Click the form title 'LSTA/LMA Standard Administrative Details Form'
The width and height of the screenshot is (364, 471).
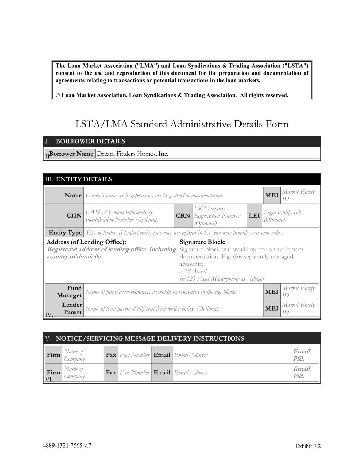coord(182,124)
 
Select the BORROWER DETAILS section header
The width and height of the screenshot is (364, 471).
coord(90,141)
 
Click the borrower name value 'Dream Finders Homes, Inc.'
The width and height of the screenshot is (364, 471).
coord(132,154)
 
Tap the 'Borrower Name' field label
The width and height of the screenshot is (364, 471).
coord(71,154)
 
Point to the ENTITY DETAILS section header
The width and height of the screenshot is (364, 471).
coord(83,179)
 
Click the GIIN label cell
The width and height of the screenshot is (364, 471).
coord(74,216)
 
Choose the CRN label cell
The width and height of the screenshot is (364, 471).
coord(183,216)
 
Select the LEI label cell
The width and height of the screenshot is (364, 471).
coord(254,216)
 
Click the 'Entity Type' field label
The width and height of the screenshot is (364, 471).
coord(65,233)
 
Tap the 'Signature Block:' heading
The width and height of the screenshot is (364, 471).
coord(203,242)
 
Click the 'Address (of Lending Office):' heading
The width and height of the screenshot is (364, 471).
coord(86,242)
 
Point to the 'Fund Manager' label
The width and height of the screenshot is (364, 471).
coord(70,292)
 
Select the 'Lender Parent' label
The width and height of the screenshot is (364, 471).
coord(72,308)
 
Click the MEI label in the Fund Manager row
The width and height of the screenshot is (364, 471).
coord(272,292)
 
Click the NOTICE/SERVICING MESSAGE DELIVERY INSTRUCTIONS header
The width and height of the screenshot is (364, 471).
coord(150,338)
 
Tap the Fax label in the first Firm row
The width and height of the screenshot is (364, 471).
coord(111,355)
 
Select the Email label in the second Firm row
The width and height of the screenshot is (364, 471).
coord(162,372)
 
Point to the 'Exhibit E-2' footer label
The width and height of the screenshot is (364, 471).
coord(308,446)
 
